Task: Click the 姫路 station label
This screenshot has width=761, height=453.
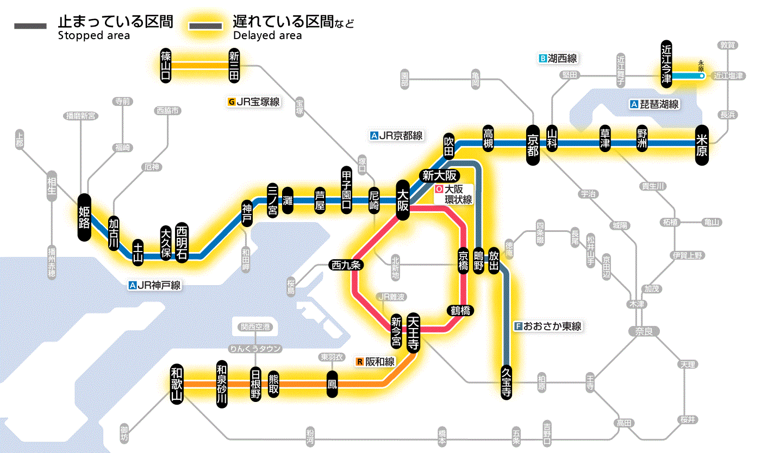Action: coord(84,217)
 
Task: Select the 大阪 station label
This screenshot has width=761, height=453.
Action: coord(403,200)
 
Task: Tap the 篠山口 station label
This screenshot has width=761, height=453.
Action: coord(166,65)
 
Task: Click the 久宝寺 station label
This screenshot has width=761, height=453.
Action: coord(506,381)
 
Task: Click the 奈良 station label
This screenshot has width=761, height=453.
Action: coord(643,331)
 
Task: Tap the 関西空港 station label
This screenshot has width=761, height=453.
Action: coord(255,327)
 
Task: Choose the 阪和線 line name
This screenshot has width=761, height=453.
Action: coord(380,362)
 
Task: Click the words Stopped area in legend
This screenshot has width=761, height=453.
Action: coord(93,36)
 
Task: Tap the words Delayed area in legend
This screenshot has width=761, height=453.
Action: coord(267,36)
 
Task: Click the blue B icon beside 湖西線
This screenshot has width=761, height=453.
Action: coord(542,58)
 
